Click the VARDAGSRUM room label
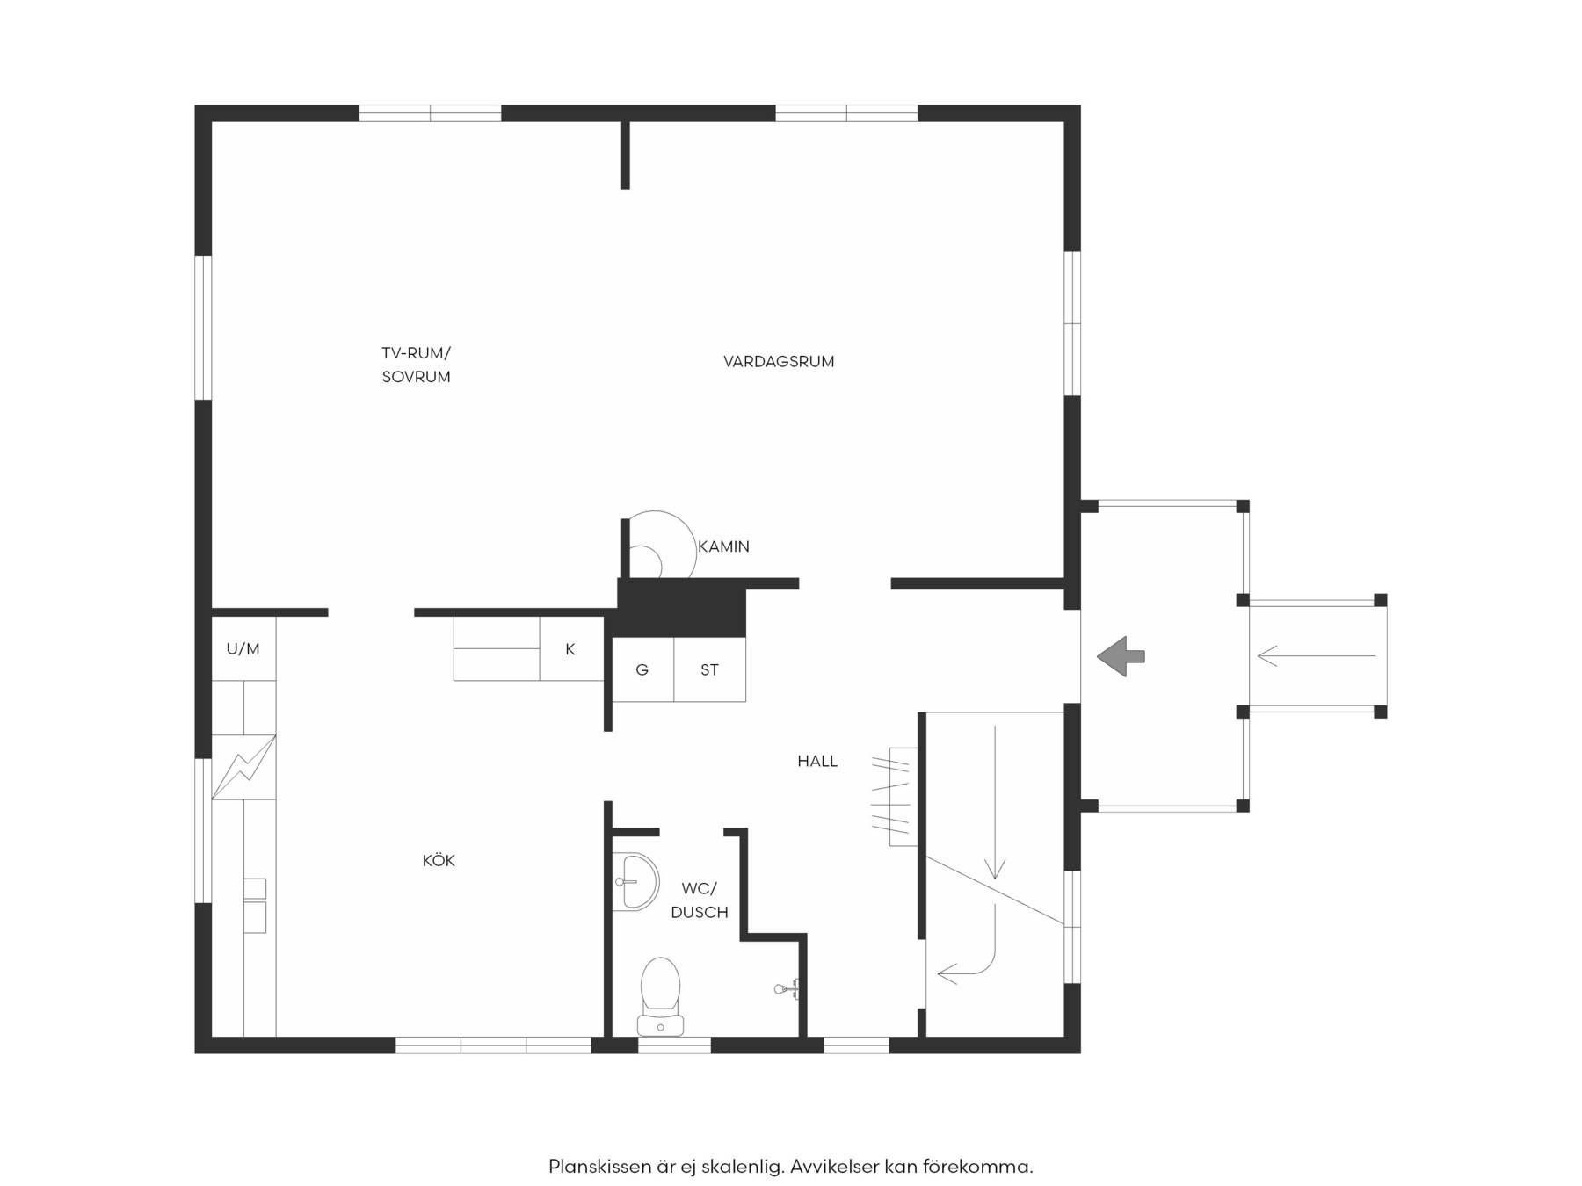(x=779, y=361)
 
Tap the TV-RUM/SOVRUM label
(x=416, y=365)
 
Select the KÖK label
(x=439, y=861)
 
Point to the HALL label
(x=817, y=762)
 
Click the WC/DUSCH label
(x=700, y=900)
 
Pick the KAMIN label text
(x=723, y=546)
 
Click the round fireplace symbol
(x=659, y=545)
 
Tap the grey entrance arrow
(x=1121, y=656)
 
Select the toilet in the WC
(x=660, y=997)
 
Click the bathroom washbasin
(x=635, y=881)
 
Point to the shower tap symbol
(x=787, y=989)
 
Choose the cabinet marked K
(x=570, y=648)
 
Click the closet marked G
(x=642, y=669)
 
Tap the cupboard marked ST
(x=709, y=669)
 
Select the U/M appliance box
(x=243, y=648)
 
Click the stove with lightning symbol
(x=243, y=767)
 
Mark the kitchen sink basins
(x=254, y=906)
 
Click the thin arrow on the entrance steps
(x=1317, y=656)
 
